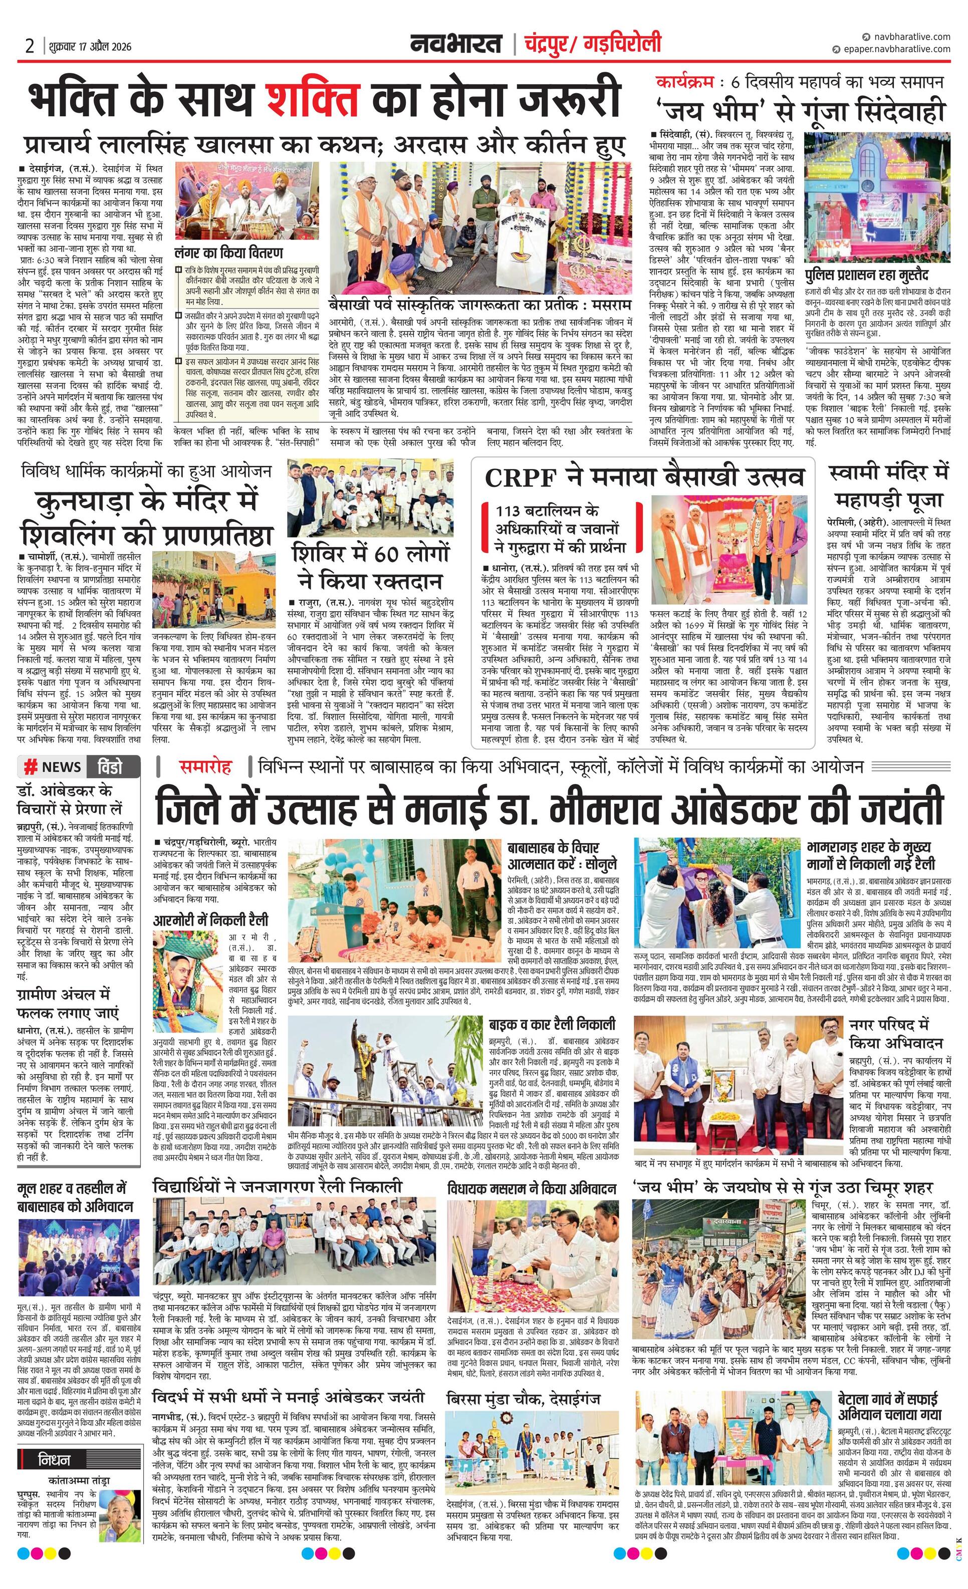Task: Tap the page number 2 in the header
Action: [x=30, y=47]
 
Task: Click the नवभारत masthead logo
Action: [x=456, y=45]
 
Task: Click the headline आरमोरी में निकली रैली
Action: [x=210, y=920]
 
